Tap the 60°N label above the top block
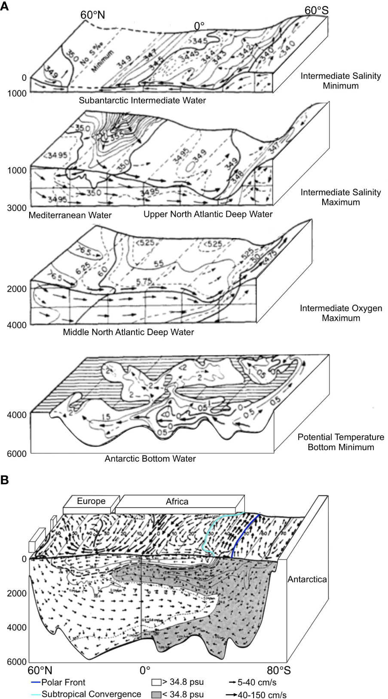coord(92,15)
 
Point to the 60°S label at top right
coord(317,10)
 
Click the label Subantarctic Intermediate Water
coord(142,101)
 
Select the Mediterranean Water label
coord(70,215)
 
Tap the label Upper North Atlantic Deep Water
coord(208,214)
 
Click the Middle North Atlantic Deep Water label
coord(128,332)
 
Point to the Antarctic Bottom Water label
coord(150,459)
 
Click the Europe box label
coord(91,501)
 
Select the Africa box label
coord(177,501)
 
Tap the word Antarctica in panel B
coord(307,579)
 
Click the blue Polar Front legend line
coord(36,682)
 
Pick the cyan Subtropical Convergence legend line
coord(36,694)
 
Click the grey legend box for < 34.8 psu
coord(156,694)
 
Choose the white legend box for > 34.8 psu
coord(156,682)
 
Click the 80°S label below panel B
coord(279,670)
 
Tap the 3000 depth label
coord(17,208)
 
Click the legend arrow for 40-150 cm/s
coord(231,695)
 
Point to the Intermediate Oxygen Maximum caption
coord(341,313)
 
